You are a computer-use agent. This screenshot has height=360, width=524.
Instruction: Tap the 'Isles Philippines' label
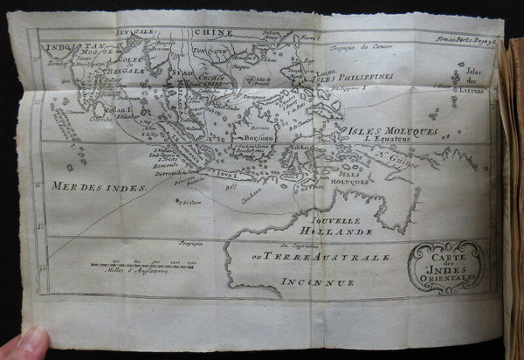pos(357,77)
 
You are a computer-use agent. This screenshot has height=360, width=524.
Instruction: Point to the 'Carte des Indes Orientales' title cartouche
pos(445,266)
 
